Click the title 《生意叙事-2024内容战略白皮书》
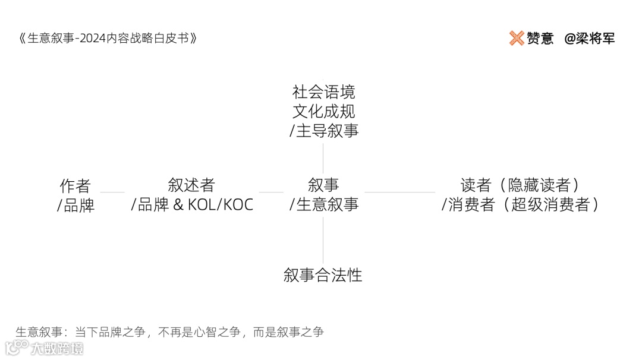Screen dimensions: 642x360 (x=108, y=39)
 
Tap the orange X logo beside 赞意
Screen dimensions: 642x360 (x=516, y=38)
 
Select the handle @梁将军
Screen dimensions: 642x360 (x=589, y=39)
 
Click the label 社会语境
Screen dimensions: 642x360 (x=323, y=92)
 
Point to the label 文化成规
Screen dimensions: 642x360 (x=323, y=111)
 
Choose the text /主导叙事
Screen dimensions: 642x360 (x=323, y=131)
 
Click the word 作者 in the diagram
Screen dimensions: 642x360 (x=75, y=185)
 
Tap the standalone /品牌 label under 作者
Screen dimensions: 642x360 (x=75, y=206)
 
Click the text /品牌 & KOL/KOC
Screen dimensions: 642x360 (x=192, y=205)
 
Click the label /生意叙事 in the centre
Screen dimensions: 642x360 (x=323, y=205)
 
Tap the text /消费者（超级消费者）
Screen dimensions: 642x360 (x=520, y=205)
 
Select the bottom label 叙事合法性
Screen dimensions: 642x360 (x=323, y=275)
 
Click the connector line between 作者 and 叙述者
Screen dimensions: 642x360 (x=112, y=192)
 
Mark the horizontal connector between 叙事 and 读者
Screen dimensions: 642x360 (x=399, y=192)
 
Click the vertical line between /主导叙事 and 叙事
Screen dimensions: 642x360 (x=323, y=157)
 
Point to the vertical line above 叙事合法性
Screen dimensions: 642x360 (x=323, y=240)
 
